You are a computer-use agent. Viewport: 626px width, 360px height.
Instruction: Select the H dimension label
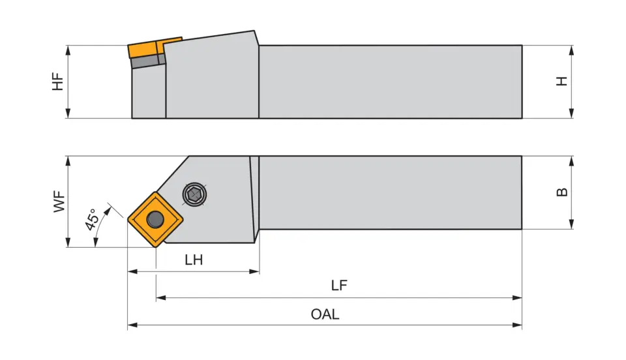tap(561, 82)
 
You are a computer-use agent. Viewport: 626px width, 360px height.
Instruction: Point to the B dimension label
tap(561, 192)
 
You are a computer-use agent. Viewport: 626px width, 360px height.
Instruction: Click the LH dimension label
tap(194, 260)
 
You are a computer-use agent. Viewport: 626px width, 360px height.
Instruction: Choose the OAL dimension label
tap(325, 314)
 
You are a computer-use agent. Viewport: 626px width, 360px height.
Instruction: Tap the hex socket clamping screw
tap(194, 194)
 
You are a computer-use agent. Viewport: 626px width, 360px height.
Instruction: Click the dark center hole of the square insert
tap(155, 220)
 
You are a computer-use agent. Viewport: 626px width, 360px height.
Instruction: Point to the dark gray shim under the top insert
tap(145, 61)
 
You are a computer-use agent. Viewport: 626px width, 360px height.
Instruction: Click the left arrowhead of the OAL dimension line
tap(131, 324)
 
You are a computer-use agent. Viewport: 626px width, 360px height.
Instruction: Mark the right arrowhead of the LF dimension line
tap(518, 297)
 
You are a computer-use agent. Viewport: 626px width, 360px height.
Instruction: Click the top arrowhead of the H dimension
tap(571, 49)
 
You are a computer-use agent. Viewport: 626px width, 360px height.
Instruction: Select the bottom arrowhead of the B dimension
tap(571, 225)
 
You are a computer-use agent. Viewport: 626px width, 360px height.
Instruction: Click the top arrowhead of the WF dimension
tap(68, 160)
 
